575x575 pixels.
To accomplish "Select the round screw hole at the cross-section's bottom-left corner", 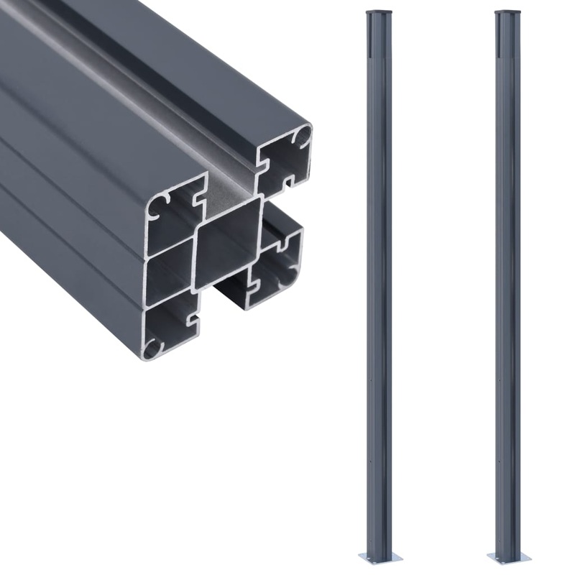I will coord(152,349).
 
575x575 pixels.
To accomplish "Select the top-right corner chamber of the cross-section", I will coord(284,160).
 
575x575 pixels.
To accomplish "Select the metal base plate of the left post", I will coord(380,556).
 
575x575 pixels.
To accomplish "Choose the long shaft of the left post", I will coord(380,287).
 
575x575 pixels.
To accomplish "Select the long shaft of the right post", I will coord(507,287).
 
